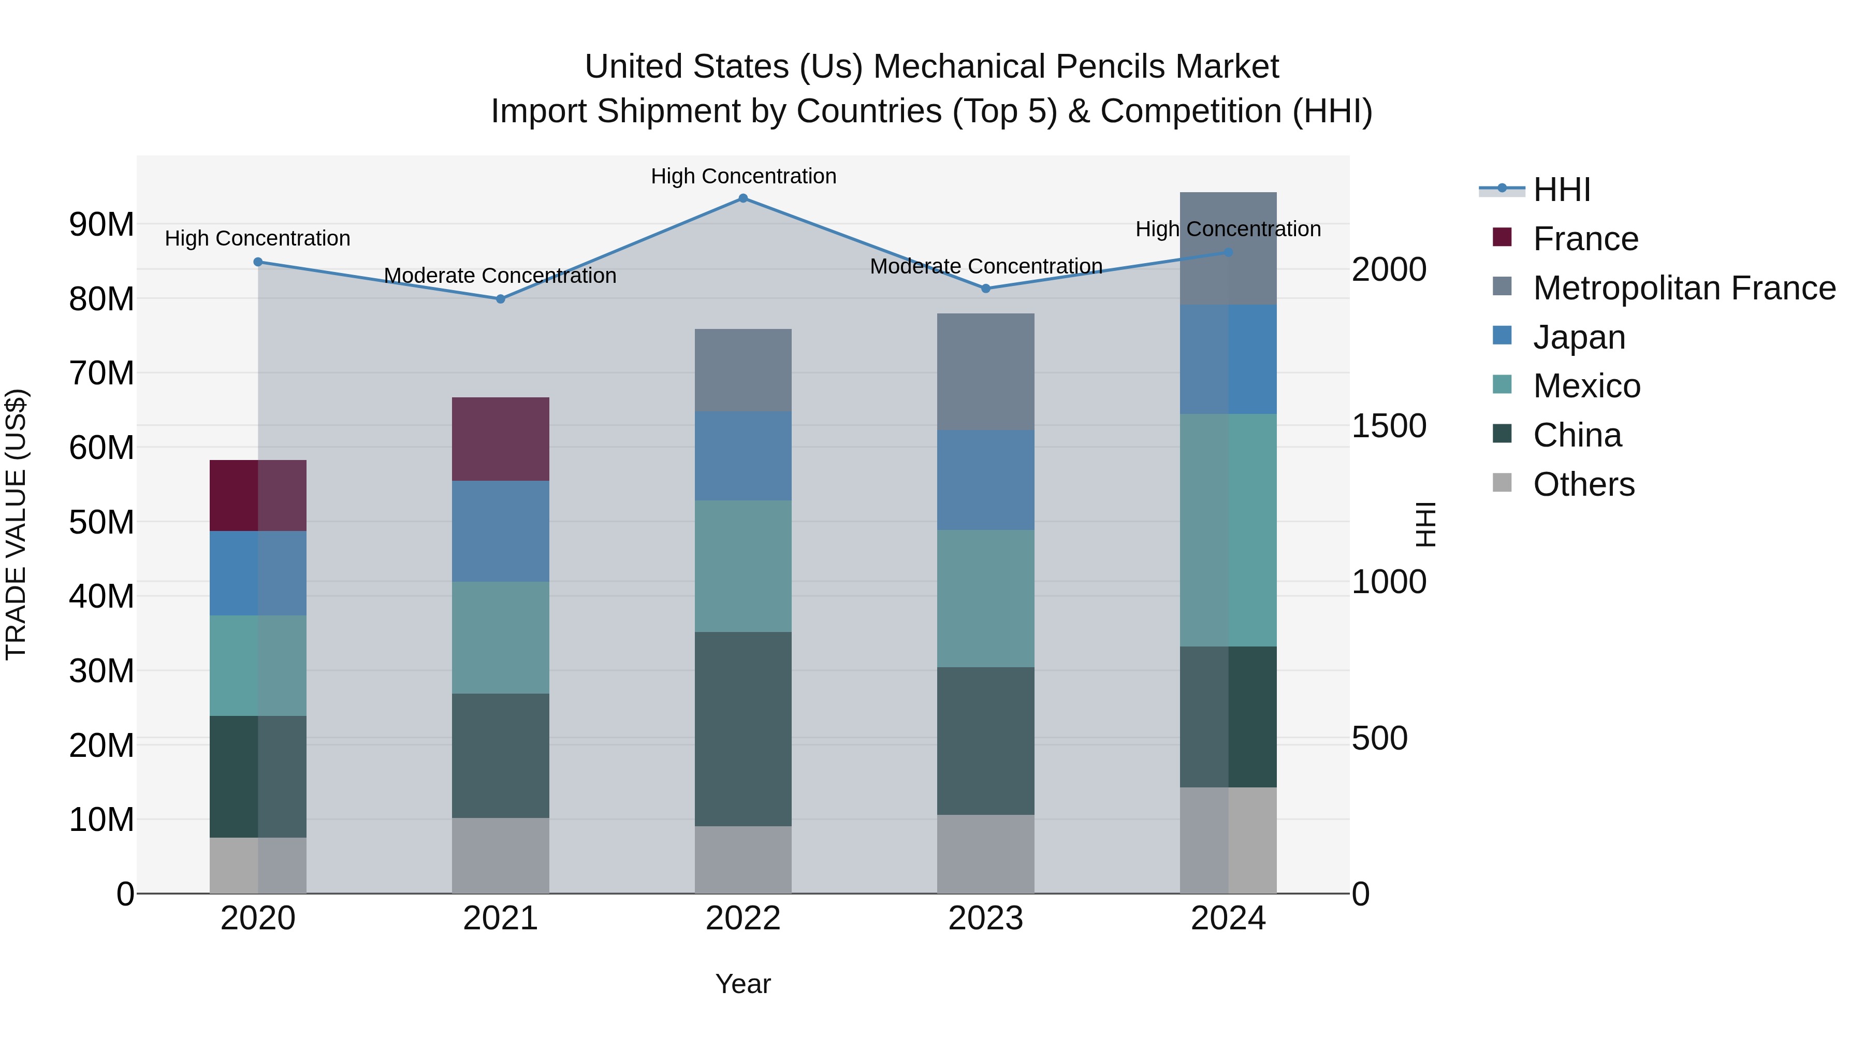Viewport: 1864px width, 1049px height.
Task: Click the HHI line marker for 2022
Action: click(x=742, y=198)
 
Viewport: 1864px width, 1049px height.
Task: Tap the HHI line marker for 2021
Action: click(x=500, y=299)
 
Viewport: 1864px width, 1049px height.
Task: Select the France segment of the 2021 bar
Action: click(x=500, y=439)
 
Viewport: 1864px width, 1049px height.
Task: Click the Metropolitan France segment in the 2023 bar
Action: click(x=985, y=371)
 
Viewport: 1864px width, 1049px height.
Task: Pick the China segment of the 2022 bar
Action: click(x=742, y=728)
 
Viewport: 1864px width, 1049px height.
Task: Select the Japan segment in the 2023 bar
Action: click(x=985, y=480)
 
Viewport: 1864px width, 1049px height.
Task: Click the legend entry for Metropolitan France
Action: click(x=1684, y=288)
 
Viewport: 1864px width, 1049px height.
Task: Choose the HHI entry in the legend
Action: click(x=1562, y=190)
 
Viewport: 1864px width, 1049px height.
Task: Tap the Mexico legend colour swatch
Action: click(x=1502, y=384)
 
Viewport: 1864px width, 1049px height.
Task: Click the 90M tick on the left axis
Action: click(x=101, y=224)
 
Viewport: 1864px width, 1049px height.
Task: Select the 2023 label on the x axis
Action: click(x=985, y=918)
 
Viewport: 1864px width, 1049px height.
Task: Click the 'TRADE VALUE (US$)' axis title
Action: click(x=16, y=524)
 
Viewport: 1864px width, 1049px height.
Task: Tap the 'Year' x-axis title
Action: click(x=742, y=984)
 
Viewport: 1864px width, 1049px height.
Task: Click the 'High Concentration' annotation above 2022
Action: click(x=743, y=176)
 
